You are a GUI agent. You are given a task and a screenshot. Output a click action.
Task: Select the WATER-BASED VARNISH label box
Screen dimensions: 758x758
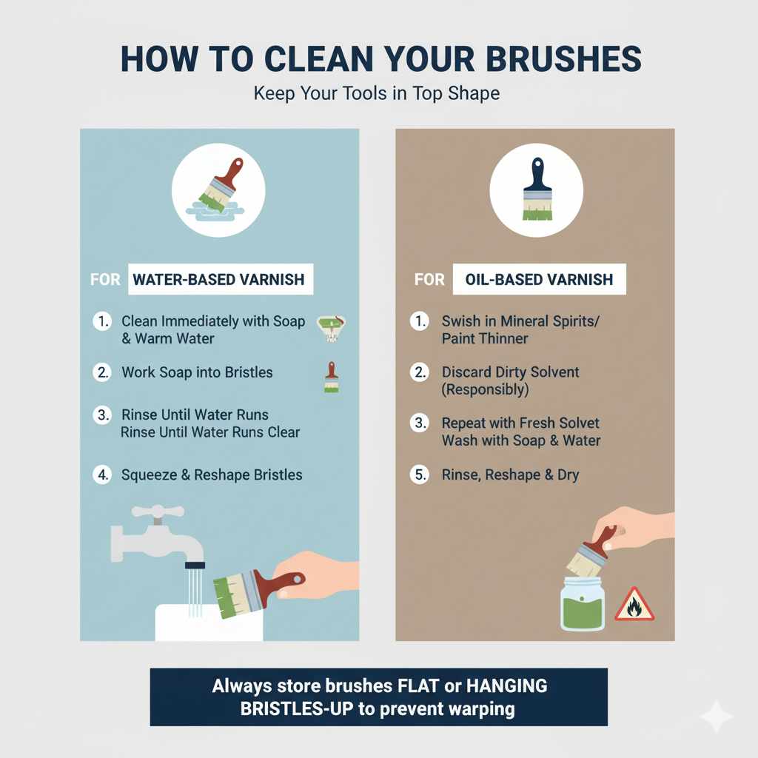[221, 281]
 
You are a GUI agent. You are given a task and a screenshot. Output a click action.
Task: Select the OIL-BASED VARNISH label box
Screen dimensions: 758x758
[539, 281]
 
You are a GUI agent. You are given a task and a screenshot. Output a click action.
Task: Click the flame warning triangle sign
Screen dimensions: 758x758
[634, 604]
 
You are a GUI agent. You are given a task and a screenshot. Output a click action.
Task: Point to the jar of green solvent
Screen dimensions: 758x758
[582, 604]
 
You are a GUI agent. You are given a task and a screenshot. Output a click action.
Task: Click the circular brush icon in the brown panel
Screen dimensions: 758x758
[535, 190]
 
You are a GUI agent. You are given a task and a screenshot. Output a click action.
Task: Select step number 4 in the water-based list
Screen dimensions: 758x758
[101, 475]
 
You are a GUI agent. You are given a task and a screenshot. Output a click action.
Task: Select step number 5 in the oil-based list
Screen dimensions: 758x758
[420, 475]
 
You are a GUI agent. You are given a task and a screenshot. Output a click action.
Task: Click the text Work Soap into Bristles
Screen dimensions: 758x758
[197, 372]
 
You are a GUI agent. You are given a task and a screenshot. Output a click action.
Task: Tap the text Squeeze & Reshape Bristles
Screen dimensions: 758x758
[212, 475]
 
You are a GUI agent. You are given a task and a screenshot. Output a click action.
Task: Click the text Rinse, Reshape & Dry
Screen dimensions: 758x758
[510, 475]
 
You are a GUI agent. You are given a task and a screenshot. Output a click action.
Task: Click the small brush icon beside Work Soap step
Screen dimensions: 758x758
[331, 377]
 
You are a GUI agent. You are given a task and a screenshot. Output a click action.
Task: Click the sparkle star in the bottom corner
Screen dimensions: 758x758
[716, 716]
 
